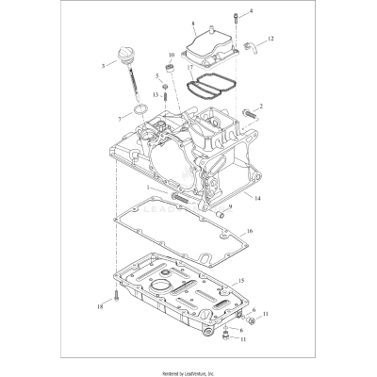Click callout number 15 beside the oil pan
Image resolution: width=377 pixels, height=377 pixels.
click(241, 280)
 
